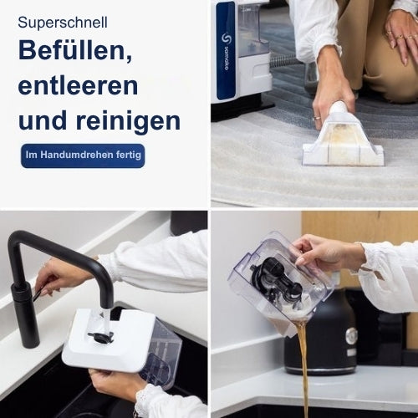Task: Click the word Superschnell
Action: click(63, 23)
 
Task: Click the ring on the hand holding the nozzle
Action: click(317, 120)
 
